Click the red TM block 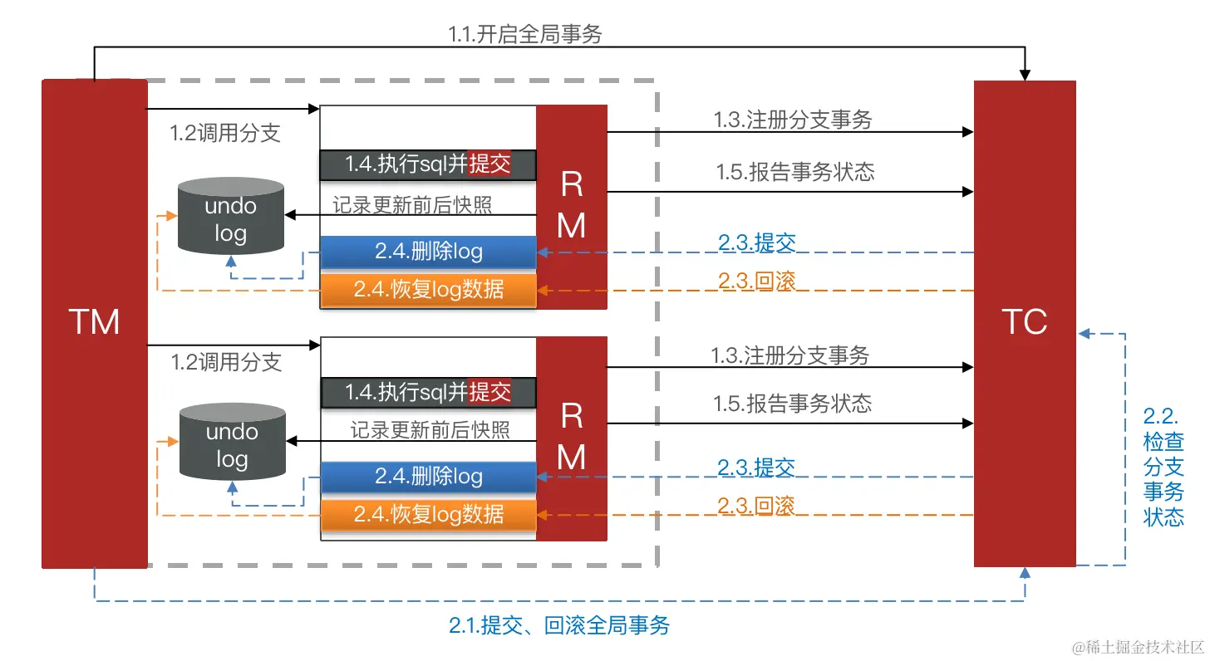(94, 322)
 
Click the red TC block (1025, 322)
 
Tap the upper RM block (572, 206)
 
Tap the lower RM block (572, 438)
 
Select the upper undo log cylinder (231, 216)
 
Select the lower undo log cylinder (232, 443)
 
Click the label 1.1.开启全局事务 (524, 34)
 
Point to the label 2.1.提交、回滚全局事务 (559, 625)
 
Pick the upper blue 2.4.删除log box (428, 252)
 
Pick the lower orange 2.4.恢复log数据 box (428, 514)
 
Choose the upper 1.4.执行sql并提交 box (428, 164)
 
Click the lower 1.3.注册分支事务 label (790, 355)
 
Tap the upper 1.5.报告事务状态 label (795, 172)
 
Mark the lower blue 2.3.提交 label (756, 467)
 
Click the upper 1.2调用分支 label (225, 134)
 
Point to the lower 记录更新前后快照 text (430, 429)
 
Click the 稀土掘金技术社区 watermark (1137, 646)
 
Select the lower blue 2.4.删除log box (428, 477)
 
